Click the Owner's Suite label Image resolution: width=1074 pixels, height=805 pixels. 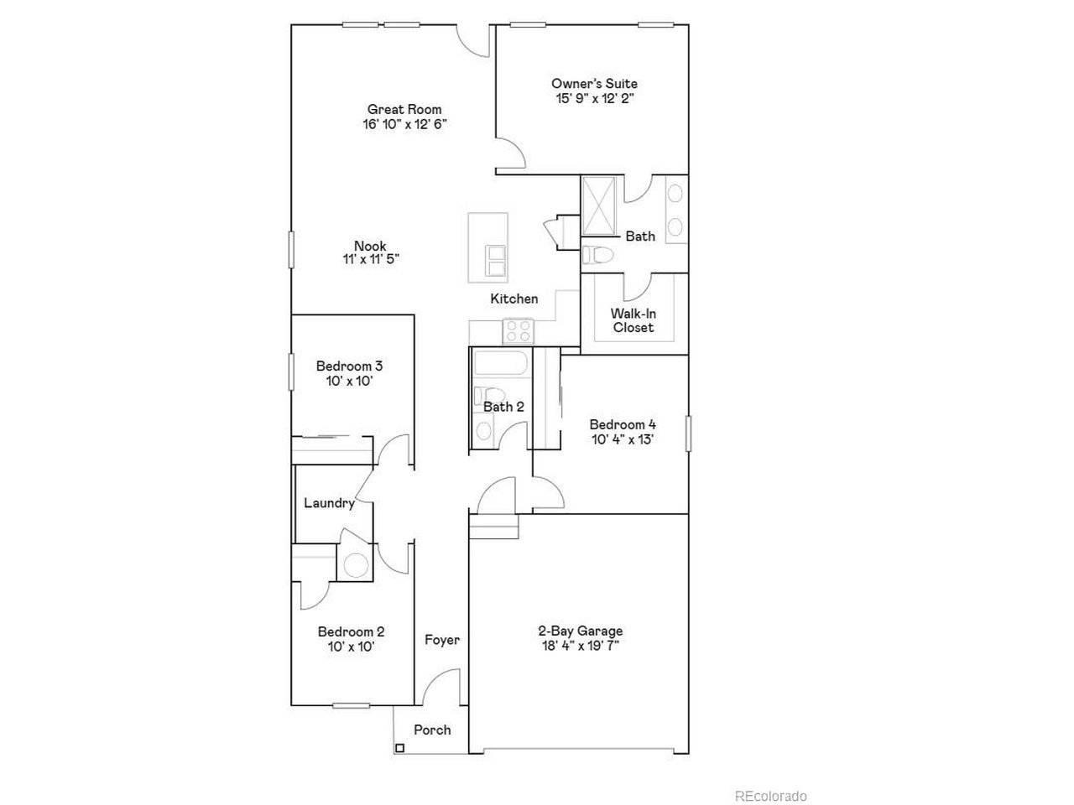(594, 84)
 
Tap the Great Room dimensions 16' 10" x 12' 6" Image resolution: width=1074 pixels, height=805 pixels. (404, 124)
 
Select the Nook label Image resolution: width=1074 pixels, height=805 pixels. (370, 246)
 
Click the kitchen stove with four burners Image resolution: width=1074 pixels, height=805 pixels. (519, 331)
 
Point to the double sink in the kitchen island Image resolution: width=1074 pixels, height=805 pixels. (495, 261)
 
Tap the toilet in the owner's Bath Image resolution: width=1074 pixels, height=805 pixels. (597, 255)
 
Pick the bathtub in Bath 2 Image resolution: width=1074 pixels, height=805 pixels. (500, 363)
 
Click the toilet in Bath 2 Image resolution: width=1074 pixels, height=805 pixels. (489, 396)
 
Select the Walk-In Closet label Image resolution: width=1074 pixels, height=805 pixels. (633, 320)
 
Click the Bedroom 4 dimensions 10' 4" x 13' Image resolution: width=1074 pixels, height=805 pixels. (623, 439)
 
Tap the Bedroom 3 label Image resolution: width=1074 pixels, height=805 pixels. (349, 366)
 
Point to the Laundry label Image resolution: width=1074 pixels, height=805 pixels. (329, 503)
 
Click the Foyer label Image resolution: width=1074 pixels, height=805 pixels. (442, 640)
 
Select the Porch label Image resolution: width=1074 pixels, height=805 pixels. (432, 730)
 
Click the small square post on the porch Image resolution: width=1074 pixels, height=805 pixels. (399, 748)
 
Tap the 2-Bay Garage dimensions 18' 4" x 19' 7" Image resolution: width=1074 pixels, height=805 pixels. (581, 646)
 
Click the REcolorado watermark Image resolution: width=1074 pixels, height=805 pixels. (770, 796)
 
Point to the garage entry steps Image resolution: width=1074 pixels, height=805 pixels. (493, 527)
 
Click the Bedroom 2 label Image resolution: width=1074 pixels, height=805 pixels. (351, 631)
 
